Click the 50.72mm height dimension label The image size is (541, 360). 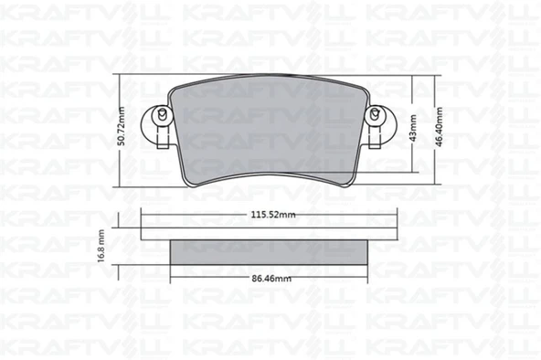coord(121,127)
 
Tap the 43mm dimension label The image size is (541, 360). coord(413,127)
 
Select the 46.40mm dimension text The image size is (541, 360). coord(439,127)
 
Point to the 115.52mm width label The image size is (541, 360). coord(272,215)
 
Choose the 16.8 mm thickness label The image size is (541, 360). coord(101,246)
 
